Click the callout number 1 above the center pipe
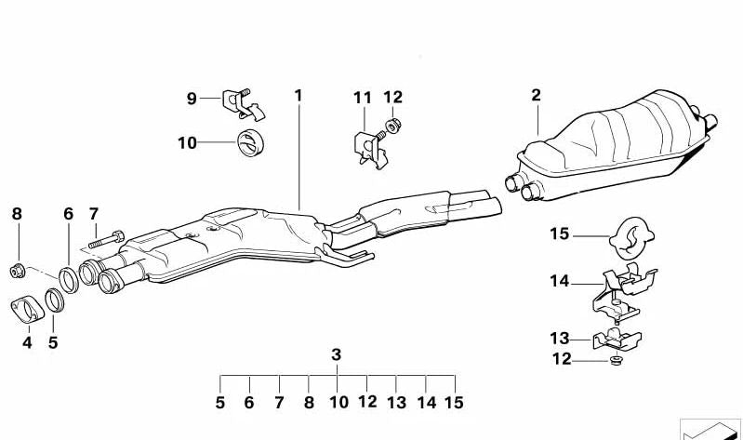click(299, 95)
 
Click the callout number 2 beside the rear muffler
click(536, 95)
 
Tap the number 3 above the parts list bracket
click(337, 354)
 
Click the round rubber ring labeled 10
click(248, 144)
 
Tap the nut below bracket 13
click(615, 360)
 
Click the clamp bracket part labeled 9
click(239, 103)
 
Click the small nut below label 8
click(17, 271)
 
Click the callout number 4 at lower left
click(27, 342)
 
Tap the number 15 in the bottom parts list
click(453, 403)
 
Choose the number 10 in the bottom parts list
click(338, 403)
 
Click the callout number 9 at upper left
click(192, 98)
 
